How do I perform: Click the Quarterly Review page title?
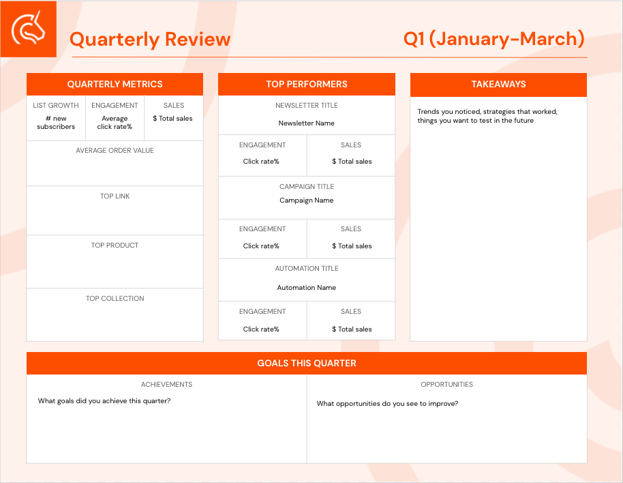[150, 40]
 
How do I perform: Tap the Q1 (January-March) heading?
[494, 39]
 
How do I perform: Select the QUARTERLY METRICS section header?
[115, 85]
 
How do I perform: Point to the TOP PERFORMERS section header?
[307, 85]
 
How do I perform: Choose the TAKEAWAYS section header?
[499, 85]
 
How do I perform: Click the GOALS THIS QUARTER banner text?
[307, 364]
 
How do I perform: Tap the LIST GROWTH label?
[56, 105]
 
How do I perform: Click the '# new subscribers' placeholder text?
[56, 122]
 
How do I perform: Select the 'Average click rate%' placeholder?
[115, 122]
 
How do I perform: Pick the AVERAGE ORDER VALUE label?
[115, 150]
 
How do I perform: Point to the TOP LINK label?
[115, 196]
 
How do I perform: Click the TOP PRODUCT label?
[115, 246]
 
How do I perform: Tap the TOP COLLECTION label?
[115, 299]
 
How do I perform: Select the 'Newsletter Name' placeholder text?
[306, 123]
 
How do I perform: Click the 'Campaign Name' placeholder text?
[306, 201]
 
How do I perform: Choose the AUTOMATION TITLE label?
[307, 268]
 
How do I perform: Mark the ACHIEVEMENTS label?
[166, 384]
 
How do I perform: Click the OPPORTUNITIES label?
[447, 384]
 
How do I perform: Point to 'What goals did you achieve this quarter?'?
[104, 401]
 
